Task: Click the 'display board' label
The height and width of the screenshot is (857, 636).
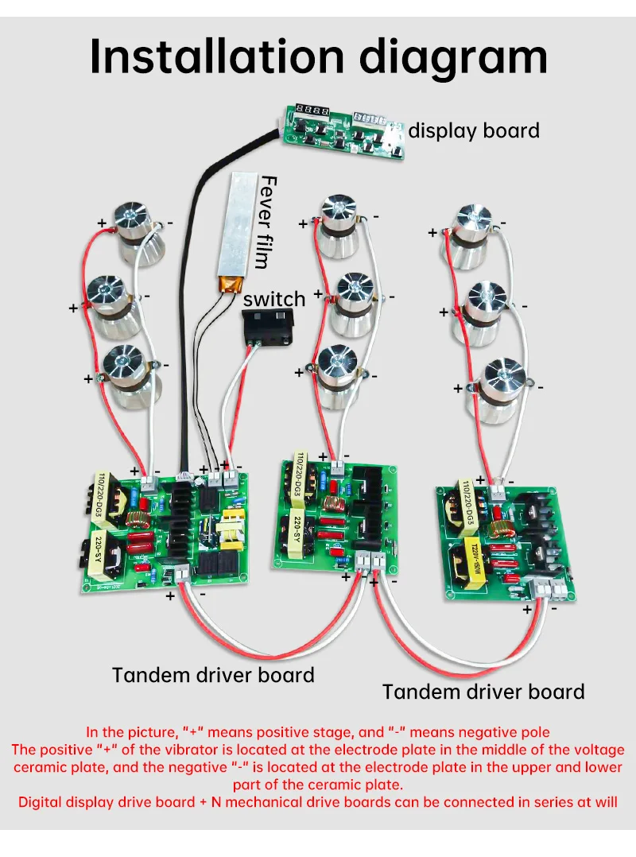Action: (474, 130)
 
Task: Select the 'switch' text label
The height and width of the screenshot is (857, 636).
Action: (273, 299)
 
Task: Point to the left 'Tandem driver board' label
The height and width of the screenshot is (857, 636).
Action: (213, 675)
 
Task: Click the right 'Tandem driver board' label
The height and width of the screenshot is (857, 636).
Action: (483, 691)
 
